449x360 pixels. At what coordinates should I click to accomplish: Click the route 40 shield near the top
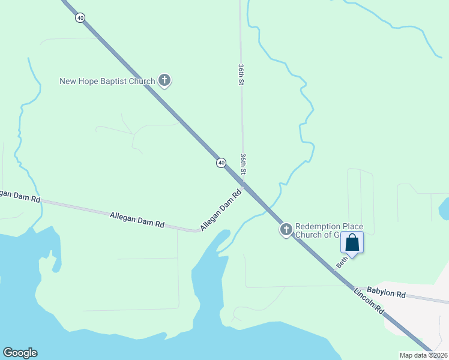[x=80, y=17]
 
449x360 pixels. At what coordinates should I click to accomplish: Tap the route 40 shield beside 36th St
[x=221, y=163]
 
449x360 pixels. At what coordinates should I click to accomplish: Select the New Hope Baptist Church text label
[x=107, y=81]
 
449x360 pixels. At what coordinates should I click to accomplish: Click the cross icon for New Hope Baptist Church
[x=164, y=80]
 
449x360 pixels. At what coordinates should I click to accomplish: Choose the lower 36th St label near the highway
[x=243, y=164]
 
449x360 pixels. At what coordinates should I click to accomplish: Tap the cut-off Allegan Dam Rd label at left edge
[x=20, y=196]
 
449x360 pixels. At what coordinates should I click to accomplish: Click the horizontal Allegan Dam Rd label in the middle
[x=137, y=219]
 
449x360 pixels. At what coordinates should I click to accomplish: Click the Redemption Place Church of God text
[x=329, y=230]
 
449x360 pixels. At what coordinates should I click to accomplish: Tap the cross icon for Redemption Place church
[x=286, y=229]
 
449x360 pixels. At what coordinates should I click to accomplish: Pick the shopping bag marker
[x=352, y=243]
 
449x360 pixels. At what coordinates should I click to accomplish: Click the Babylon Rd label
[x=386, y=292]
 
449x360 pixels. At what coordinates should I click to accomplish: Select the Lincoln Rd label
[x=369, y=301]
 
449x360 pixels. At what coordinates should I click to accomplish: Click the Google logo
[x=20, y=353]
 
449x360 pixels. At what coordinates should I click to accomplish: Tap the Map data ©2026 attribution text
[x=423, y=355]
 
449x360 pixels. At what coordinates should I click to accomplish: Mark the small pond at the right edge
[x=444, y=209]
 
